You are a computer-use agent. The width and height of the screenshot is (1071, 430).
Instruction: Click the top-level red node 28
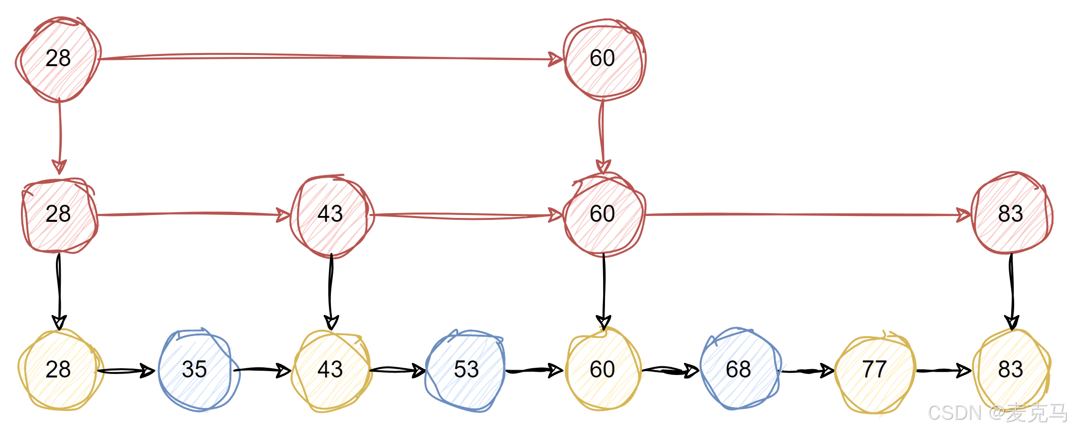point(59,59)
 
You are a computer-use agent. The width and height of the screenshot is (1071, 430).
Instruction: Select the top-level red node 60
point(604,59)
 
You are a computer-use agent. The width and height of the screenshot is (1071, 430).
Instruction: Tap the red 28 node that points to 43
point(60,215)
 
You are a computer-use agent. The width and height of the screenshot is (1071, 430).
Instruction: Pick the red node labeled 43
point(332,215)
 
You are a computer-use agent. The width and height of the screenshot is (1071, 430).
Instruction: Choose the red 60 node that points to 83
point(604,215)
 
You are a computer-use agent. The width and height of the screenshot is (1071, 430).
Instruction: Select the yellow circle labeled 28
point(61,370)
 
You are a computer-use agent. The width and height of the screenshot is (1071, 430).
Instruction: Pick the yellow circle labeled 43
point(332,370)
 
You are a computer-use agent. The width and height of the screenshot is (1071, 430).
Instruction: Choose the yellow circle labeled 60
point(603,369)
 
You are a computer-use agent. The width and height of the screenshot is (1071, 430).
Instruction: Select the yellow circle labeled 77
point(875,371)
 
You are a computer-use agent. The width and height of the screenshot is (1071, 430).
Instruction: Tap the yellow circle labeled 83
point(1012,369)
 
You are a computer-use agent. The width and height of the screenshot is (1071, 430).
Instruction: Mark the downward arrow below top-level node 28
point(60,136)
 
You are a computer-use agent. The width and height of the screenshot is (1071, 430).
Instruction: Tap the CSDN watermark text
point(996,412)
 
